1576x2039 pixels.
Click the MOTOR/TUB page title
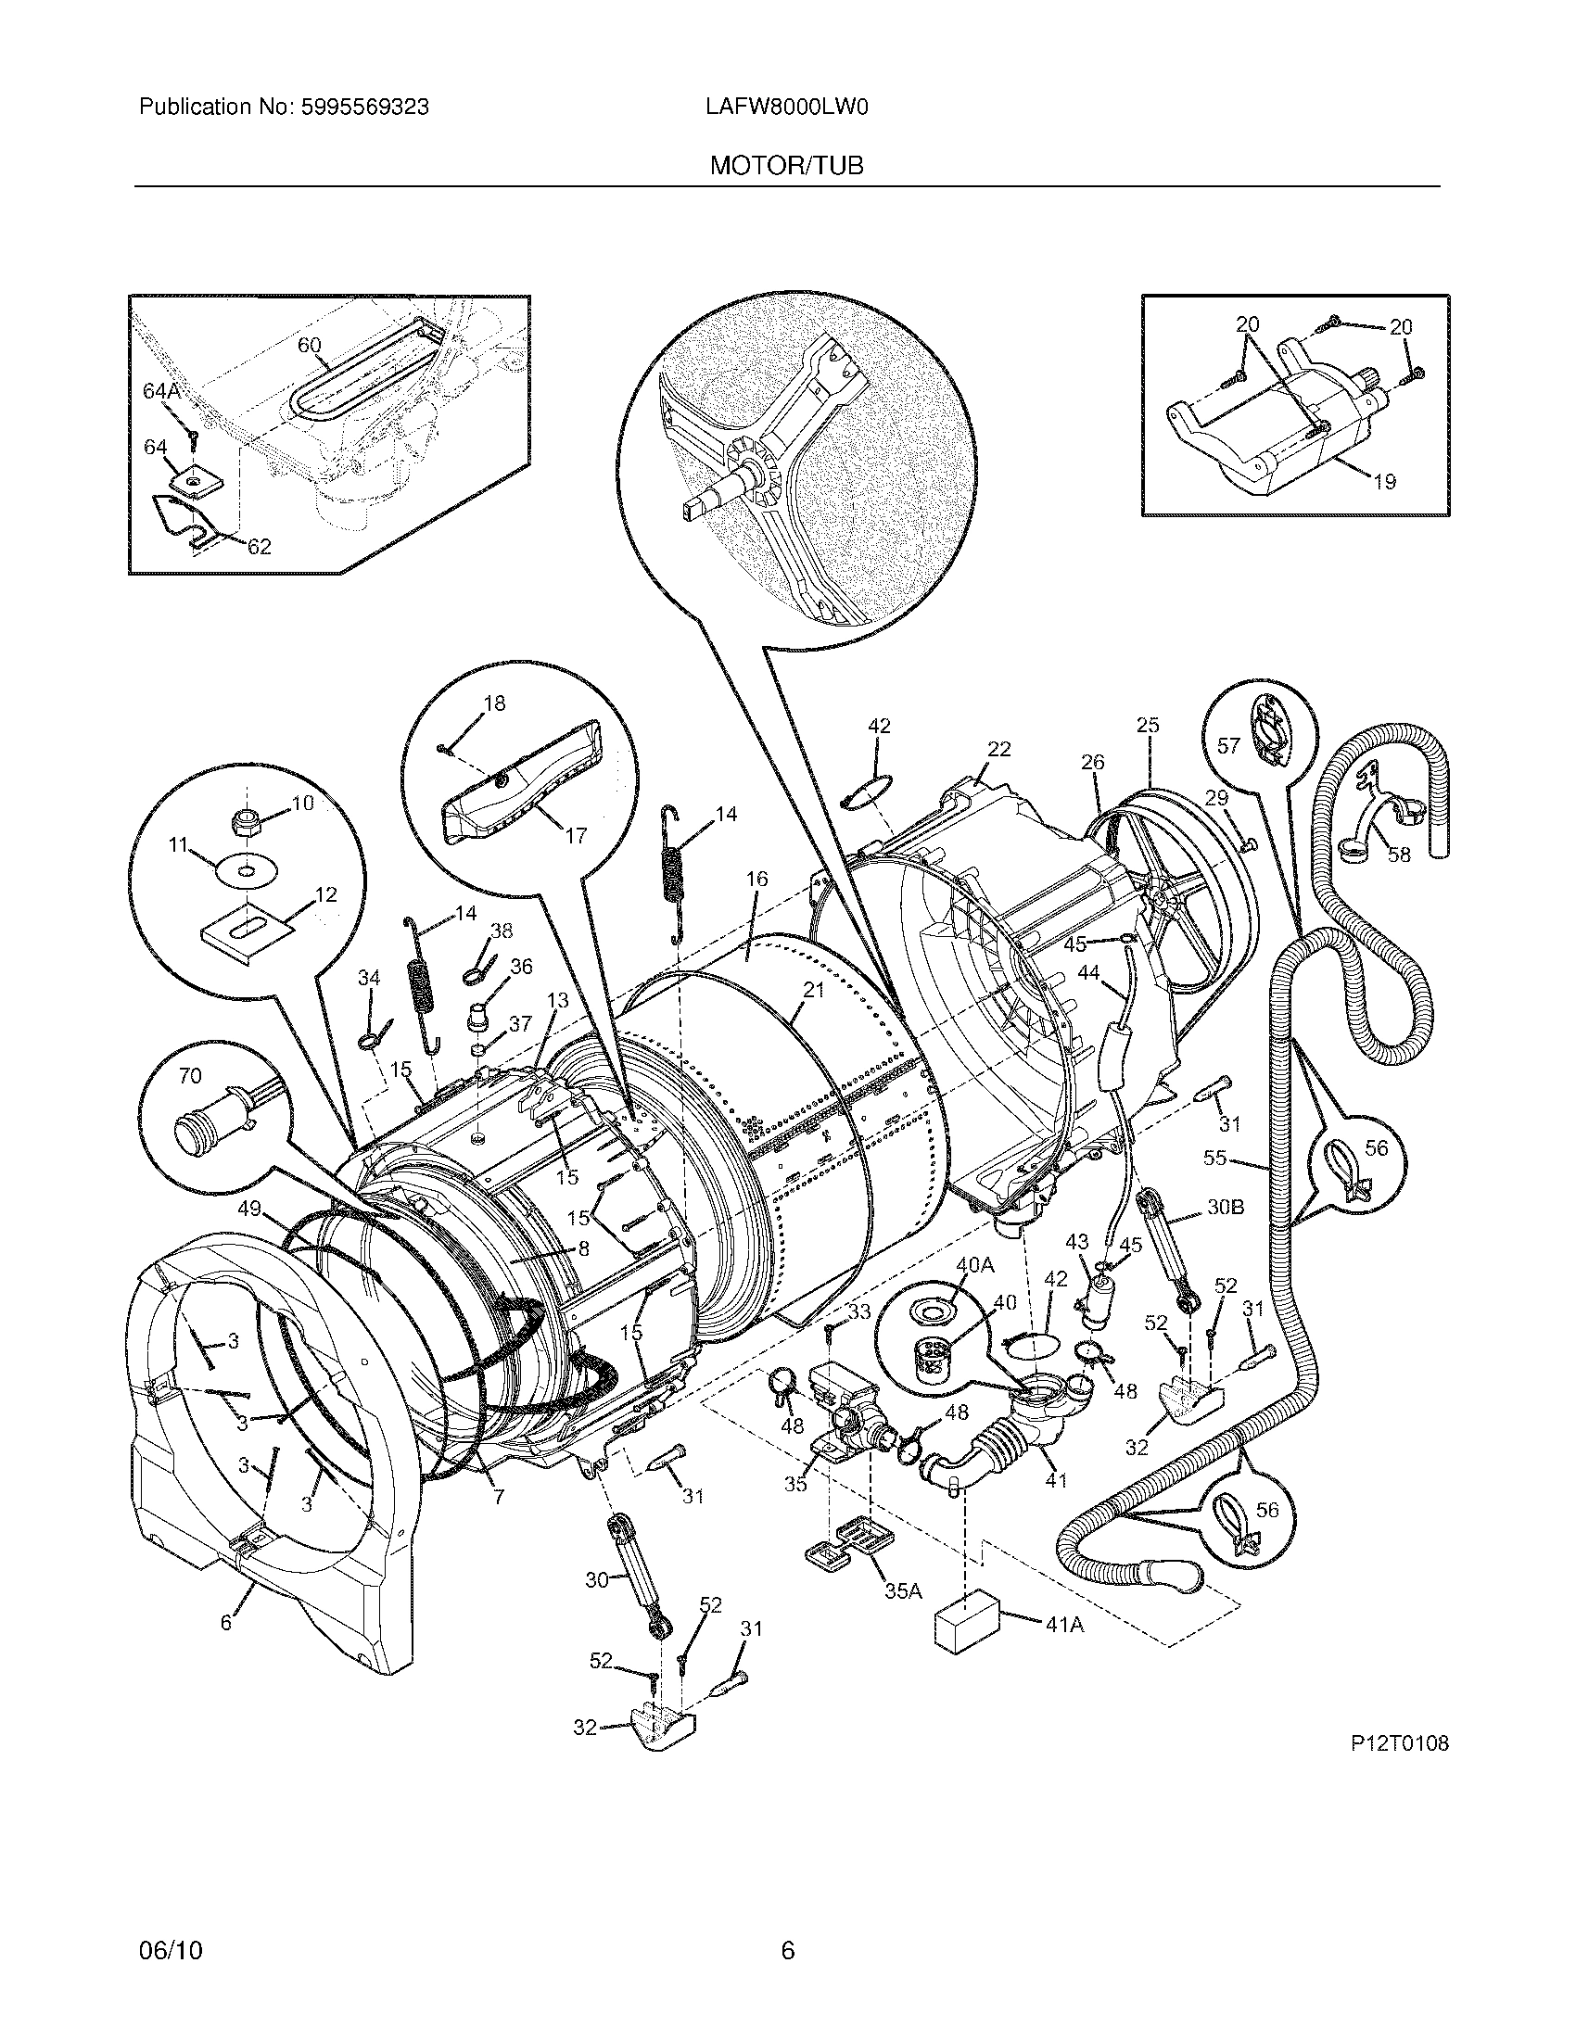pos(786,166)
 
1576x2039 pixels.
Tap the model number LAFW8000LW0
pos(786,108)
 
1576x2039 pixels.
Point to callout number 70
pos(189,1076)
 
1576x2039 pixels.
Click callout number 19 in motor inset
pos(1385,482)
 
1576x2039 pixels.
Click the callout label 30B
pos(1225,1207)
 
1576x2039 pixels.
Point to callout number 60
pos(309,346)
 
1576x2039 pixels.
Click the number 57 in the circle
pos(1228,745)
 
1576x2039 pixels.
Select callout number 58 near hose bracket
pos(1398,855)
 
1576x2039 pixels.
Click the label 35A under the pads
pos(903,1589)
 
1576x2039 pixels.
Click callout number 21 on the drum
pos(813,991)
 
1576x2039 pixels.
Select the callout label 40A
pos(973,1265)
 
